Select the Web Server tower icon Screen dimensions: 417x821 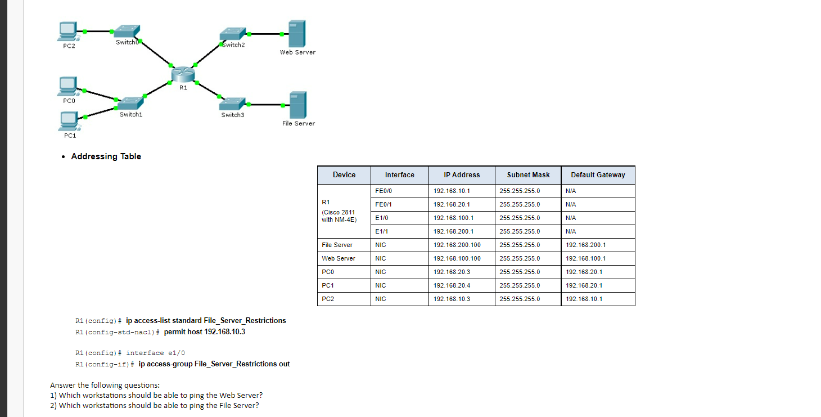[x=296, y=34]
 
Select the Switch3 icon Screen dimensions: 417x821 [x=233, y=104]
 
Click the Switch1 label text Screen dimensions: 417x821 [x=131, y=115]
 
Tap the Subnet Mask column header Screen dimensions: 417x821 [x=528, y=175]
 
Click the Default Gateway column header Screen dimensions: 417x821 [x=598, y=175]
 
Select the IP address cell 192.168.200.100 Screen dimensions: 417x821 [x=457, y=245]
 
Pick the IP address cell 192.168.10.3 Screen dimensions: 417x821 [x=452, y=299]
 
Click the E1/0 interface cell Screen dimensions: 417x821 [x=382, y=218]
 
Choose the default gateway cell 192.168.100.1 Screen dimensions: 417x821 [x=585, y=258]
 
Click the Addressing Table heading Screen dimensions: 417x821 [x=106, y=156]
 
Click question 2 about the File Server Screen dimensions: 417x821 [x=155, y=405]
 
